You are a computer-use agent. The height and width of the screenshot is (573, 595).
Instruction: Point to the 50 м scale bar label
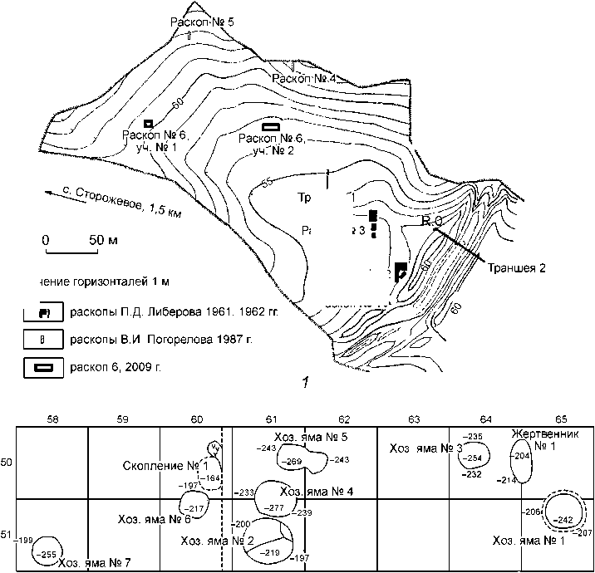pyautogui.click(x=101, y=239)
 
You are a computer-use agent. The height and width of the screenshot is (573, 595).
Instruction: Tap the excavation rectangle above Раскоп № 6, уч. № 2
pyautogui.click(x=271, y=126)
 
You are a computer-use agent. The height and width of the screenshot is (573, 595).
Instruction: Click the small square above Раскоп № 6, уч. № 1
pyautogui.click(x=148, y=123)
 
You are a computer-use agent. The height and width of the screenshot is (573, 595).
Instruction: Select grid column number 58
pyautogui.click(x=53, y=419)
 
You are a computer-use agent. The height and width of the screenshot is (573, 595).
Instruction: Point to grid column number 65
pyautogui.click(x=562, y=419)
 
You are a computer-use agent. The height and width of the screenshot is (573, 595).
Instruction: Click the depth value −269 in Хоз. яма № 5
pyautogui.click(x=293, y=461)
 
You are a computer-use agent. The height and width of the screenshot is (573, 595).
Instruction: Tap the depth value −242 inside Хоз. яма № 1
pyautogui.click(x=563, y=520)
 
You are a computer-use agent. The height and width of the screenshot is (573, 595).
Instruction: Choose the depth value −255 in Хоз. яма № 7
pyautogui.click(x=47, y=555)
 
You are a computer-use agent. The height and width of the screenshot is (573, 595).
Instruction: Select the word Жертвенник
pyautogui.click(x=541, y=434)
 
